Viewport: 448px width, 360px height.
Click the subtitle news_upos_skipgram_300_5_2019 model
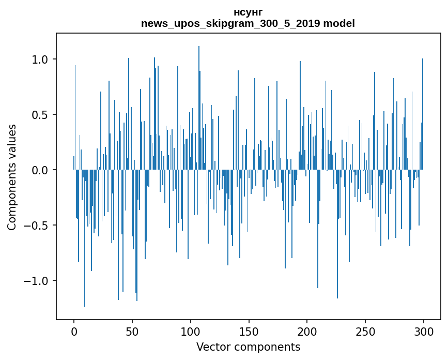[x=248, y=23]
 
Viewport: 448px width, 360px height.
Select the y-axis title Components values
[x=12, y=177]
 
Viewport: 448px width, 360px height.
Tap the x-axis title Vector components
[x=248, y=347]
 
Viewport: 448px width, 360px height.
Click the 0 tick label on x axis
[x=74, y=331]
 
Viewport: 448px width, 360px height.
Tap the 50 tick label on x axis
[x=132, y=331]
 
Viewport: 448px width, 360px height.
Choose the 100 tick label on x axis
[x=191, y=331]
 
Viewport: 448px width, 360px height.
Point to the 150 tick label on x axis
[x=249, y=331]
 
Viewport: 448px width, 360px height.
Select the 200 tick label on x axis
[x=307, y=331]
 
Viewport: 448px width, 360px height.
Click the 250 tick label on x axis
[x=366, y=331]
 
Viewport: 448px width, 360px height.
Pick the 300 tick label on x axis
[x=424, y=331]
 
